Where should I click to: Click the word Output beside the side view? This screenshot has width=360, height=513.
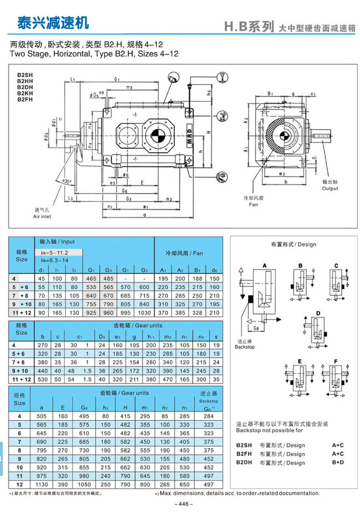330,188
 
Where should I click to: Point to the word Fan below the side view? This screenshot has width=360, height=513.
253,204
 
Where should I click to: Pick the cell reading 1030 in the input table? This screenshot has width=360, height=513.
145,313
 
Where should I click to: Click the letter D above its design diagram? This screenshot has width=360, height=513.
318,313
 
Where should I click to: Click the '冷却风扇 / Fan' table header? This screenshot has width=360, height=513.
188,253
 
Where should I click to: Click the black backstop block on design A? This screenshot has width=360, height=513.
250,299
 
